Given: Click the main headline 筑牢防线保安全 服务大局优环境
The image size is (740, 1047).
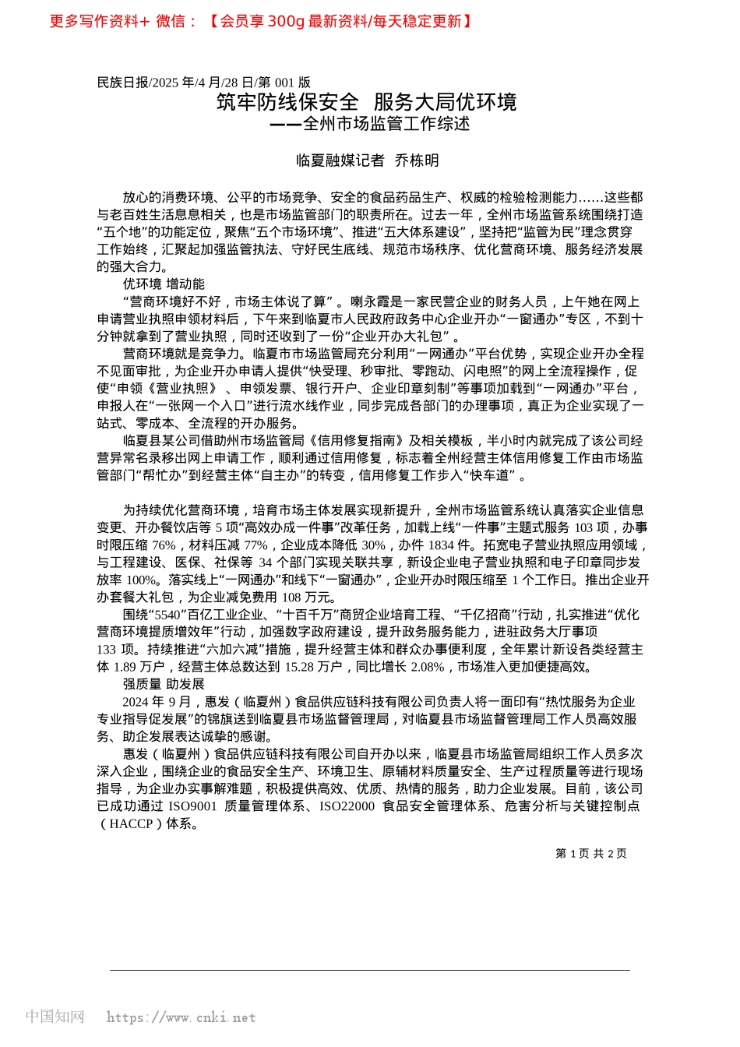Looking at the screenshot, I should click(367, 102).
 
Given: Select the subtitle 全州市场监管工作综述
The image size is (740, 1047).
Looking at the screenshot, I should click(386, 124).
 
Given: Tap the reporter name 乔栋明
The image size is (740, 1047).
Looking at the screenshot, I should click(417, 160).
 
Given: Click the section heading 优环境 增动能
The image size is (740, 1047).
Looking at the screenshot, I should click(164, 284).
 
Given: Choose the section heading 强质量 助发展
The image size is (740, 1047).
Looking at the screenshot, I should click(164, 684).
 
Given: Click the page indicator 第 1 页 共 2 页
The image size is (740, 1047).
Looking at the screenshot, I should click(590, 854).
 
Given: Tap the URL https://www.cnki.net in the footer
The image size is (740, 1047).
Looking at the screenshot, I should click(181, 1017).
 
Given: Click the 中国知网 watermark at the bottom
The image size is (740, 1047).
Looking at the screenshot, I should click(55, 1017).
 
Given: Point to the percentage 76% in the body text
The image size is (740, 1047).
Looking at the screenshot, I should click(164, 545).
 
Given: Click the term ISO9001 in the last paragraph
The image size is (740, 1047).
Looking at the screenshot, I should click(192, 806).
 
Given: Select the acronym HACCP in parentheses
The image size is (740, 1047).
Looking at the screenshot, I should click(131, 823).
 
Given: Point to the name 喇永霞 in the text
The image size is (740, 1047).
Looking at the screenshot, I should click(369, 301).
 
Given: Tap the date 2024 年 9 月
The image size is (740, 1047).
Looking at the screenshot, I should click(156, 702).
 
